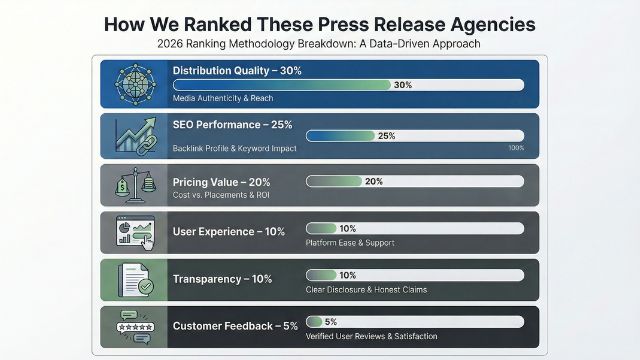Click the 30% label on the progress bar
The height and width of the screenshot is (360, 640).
point(403,85)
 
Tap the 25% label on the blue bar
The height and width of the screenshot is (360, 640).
point(385,135)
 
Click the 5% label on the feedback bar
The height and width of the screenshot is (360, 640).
point(330,321)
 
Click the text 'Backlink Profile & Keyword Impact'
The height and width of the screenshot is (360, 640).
point(234,147)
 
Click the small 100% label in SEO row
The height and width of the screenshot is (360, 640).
point(516,148)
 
